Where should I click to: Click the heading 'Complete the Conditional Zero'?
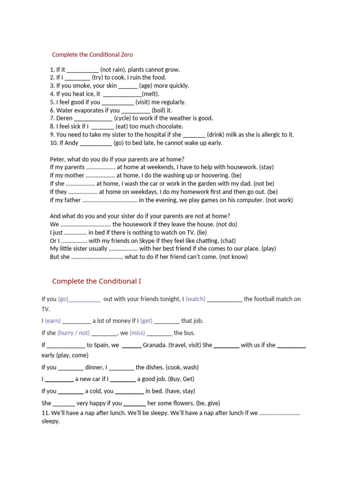click(92, 55)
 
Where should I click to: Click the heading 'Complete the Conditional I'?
click(96, 281)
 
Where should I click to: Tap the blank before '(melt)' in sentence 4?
click(122, 94)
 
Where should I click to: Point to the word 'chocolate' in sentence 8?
click(170, 127)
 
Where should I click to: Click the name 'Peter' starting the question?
click(58, 159)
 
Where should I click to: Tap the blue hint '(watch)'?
click(195, 299)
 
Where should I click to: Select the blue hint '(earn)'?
click(52, 321)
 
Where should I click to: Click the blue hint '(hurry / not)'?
click(74, 333)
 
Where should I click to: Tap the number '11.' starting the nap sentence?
click(46, 413)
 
